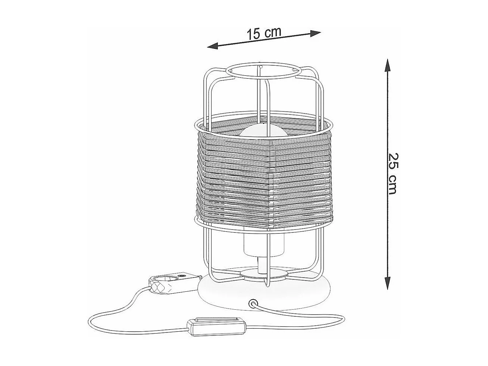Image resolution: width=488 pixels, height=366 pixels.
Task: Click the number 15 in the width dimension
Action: [253, 34]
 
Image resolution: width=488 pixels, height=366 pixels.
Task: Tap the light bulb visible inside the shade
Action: [263, 131]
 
